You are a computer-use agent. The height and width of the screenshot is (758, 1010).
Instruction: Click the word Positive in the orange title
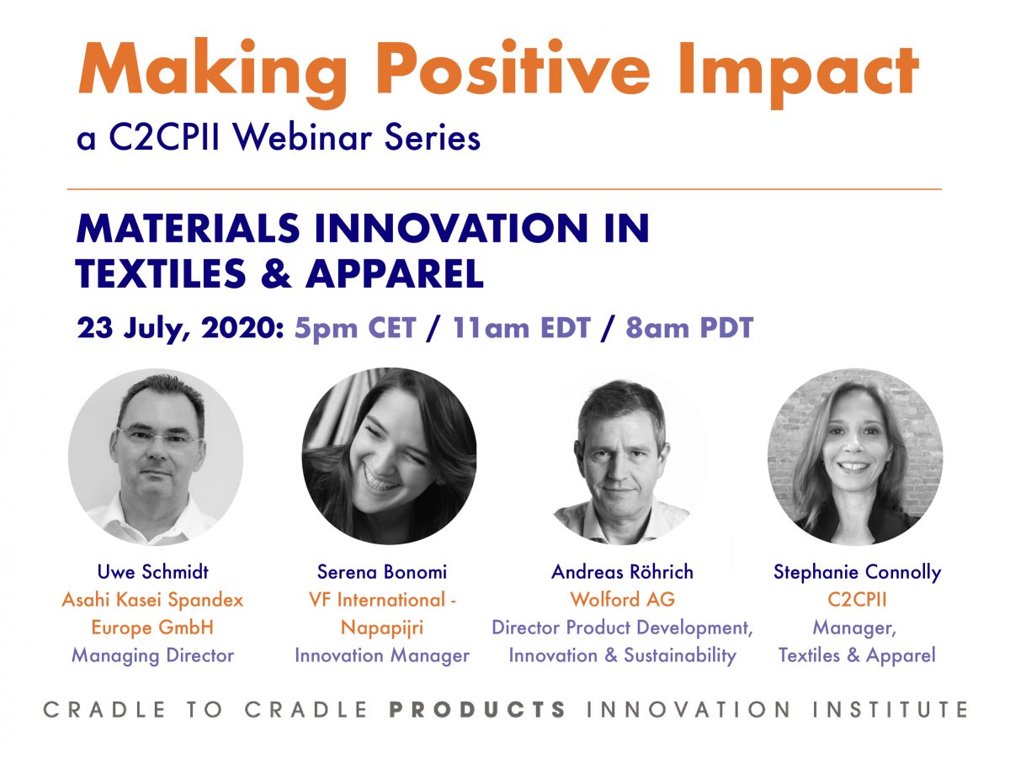[x=513, y=68]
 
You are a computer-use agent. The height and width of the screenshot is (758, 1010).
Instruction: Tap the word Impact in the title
[x=798, y=74]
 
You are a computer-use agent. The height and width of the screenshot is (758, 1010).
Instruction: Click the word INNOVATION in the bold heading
[x=451, y=228]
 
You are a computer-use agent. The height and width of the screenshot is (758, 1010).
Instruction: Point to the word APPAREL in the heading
[x=395, y=273]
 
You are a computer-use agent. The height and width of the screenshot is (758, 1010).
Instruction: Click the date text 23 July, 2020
[x=180, y=328]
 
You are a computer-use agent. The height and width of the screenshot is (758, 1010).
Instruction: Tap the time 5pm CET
[x=355, y=327]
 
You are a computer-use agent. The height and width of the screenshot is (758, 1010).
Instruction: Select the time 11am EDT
[x=521, y=327]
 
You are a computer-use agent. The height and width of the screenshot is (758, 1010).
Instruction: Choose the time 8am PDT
[x=689, y=327]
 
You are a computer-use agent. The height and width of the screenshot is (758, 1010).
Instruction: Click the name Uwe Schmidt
[x=153, y=572]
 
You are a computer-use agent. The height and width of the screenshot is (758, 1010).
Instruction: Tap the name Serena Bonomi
[x=382, y=572]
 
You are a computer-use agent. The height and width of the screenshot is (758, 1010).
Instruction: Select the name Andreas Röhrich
[x=622, y=572]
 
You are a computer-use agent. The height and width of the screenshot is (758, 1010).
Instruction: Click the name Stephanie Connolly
[x=857, y=573]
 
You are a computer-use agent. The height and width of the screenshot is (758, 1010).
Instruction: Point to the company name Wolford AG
[x=622, y=599]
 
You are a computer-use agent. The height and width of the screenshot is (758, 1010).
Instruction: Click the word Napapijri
[x=382, y=628]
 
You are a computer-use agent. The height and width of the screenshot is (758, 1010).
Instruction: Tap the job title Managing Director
[x=153, y=656]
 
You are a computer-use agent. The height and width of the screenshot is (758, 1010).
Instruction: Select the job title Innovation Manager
[x=382, y=656]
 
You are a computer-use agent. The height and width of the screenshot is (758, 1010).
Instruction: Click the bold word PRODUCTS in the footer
[x=477, y=710]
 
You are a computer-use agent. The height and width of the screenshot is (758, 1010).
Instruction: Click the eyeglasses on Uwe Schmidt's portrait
[x=159, y=436]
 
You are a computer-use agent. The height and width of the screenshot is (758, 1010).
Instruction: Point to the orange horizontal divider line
[x=504, y=189]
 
